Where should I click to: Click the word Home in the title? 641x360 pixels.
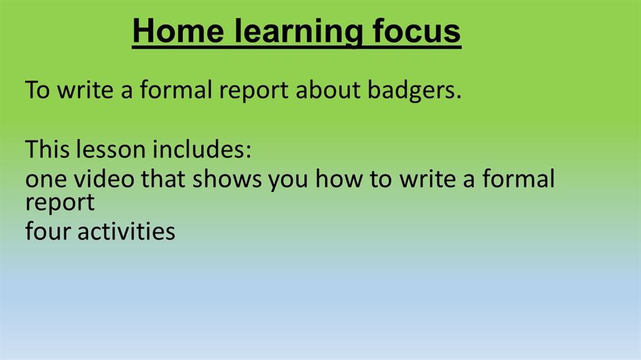point(178,31)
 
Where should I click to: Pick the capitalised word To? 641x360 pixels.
point(37,89)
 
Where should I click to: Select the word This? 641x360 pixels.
point(47,148)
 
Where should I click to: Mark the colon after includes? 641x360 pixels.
point(248,152)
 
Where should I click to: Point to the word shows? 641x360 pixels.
point(227,179)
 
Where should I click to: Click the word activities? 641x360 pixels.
point(126,231)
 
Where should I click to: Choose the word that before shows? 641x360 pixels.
point(163,179)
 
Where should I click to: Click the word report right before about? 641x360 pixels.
point(254,91)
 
